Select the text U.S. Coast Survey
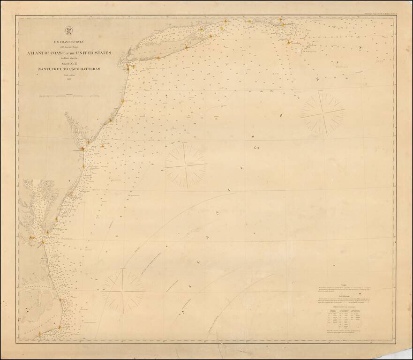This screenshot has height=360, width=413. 68,41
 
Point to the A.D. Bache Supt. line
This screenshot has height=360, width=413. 69,47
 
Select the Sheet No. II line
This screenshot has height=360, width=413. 69,63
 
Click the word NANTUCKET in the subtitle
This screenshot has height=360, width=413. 50,69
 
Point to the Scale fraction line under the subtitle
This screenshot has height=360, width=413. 69,75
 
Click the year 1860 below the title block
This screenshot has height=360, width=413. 69,80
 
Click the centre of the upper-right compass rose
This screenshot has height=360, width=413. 323,113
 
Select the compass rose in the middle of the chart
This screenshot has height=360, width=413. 185,165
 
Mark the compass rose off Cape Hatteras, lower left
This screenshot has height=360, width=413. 123,289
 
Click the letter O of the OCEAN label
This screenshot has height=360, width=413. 281,115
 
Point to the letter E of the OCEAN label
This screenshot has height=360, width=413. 317,80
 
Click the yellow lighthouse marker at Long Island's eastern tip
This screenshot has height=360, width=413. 225,21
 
